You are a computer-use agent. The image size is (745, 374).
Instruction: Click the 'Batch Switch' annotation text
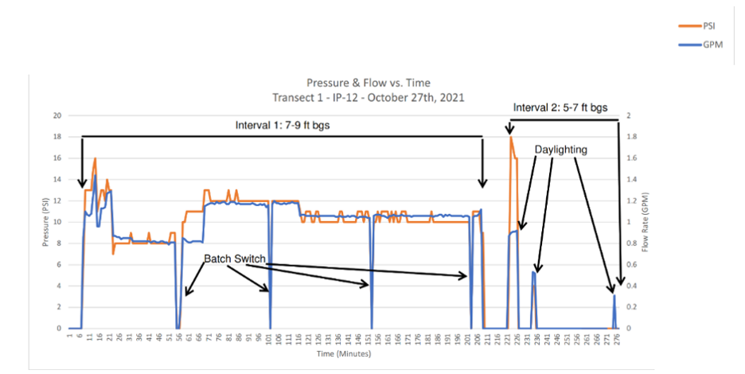pos(234,259)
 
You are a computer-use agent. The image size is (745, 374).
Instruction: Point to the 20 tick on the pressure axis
pos(56,115)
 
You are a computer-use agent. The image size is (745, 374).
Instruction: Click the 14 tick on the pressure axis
pos(56,179)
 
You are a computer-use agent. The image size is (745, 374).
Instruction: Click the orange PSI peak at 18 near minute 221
pos(510,138)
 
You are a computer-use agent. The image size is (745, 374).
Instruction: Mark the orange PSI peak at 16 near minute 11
pos(95,158)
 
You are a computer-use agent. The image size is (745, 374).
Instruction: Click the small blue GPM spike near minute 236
pos(533,272)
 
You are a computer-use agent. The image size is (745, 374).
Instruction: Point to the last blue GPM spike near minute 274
pos(614,296)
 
